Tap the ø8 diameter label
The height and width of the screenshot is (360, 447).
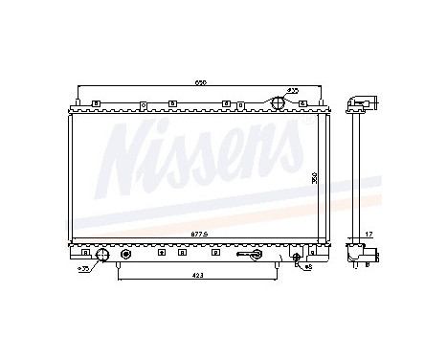tap(309, 267)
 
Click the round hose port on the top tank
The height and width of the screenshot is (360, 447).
tap(278, 102)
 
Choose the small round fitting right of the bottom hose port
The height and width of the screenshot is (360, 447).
tap(125, 254)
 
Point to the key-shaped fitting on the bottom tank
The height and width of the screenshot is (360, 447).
tap(254, 255)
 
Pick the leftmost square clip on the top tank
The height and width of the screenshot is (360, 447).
tap(96, 103)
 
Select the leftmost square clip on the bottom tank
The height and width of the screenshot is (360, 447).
tap(85, 253)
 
